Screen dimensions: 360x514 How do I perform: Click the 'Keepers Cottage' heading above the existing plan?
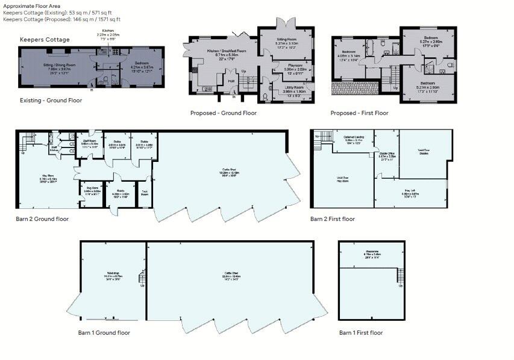(45, 40)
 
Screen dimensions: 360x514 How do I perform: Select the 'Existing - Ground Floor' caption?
(51, 101)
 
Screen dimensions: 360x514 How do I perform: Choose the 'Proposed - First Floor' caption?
(359, 113)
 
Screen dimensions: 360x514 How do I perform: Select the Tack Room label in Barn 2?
(145, 194)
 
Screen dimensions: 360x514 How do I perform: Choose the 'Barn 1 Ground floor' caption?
(104, 332)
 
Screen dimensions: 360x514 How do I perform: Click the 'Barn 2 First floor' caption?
(333, 219)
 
